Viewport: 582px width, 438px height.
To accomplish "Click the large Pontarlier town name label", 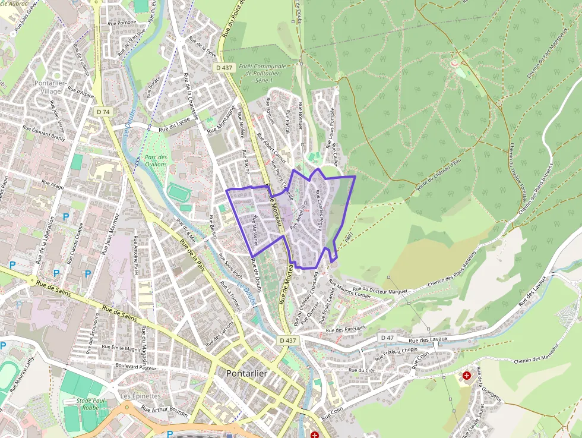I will pyautogui.click(x=246, y=373).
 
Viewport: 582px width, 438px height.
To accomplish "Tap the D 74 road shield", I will pyautogui.click(x=103, y=112).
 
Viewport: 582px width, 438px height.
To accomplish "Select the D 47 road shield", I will pyautogui.click(x=387, y=338).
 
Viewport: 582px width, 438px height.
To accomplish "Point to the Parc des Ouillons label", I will pyautogui.click(x=156, y=160).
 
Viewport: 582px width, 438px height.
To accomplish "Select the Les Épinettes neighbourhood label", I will pyautogui.click(x=140, y=396).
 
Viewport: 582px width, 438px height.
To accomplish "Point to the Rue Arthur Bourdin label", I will pyautogui.click(x=165, y=412).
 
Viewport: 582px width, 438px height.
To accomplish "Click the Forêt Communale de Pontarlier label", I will pyautogui.click(x=262, y=73).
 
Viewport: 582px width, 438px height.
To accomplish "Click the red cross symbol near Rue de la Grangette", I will pyautogui.click(x=467, y=376).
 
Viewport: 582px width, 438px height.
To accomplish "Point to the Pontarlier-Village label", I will pyautogui.click(x=56, y=87).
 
